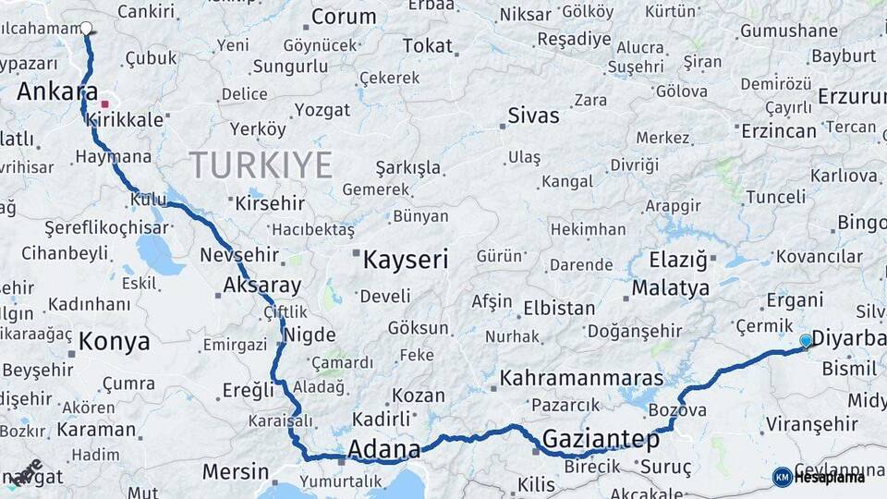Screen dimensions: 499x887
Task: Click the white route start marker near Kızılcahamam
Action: [x=86, y=28]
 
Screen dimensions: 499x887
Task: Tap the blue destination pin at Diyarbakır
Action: [x=805, y=341]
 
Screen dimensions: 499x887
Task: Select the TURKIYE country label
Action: [x=261, y=165]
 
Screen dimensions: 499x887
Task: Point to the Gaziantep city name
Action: [x=601, y=439]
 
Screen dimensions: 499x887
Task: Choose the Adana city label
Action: [x=383, y=450]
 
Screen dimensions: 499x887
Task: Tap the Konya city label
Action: [x=114, y=342]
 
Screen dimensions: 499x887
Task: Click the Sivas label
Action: [x=533, y=116]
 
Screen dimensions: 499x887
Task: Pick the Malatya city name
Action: [x=671, y=287]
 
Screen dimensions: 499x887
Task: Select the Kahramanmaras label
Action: [x=582, y=378]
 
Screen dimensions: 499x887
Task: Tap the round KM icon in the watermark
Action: [x=783, y=477]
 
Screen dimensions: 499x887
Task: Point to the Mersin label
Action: [x=236, y=471]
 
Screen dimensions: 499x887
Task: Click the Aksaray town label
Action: [x=262, y=285]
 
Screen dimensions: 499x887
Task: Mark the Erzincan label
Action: [x=779, y=131]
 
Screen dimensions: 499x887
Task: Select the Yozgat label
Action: [x=322, y=110]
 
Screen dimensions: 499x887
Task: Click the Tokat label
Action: [x=428, y=45]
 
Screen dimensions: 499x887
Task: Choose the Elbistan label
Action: [x=559, y=308]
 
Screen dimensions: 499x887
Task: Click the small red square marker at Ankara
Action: [x=105, y=104]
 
